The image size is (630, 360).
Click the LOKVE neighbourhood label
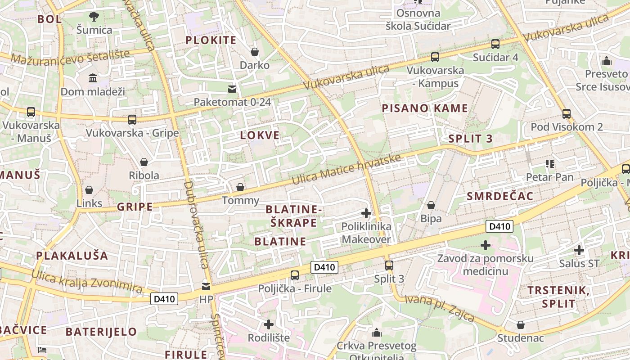tap(260, 135)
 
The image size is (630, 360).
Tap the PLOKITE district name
tap(211, 40)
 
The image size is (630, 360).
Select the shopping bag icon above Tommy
tap(240, 187)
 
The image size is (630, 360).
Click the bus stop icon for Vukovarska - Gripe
tap(132, 120)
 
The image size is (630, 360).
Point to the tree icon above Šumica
tap(94, 17)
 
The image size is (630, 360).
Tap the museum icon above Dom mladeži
tap(93, 78)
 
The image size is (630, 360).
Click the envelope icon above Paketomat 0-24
tap(232, 89)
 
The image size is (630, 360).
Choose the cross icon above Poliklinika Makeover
tap(366, 213)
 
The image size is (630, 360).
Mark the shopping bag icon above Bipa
tap(431, 205)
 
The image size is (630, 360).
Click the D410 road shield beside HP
tap(165, 299)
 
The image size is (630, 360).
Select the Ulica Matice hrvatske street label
tap(346, 170)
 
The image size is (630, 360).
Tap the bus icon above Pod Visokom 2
tap(567, 114)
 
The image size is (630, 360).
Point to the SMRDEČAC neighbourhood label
tap(500, 196)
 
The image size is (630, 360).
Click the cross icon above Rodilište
tap(269, 324)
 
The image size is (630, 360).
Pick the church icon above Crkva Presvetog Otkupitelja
tap(377, 333)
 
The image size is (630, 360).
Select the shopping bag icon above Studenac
tap(521, 325)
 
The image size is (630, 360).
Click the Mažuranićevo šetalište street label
tap(70, 57)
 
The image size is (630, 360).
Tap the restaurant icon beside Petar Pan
tap(549, 164)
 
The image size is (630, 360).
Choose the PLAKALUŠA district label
tap(72, 256)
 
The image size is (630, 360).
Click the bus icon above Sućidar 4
tap(495, 44)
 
